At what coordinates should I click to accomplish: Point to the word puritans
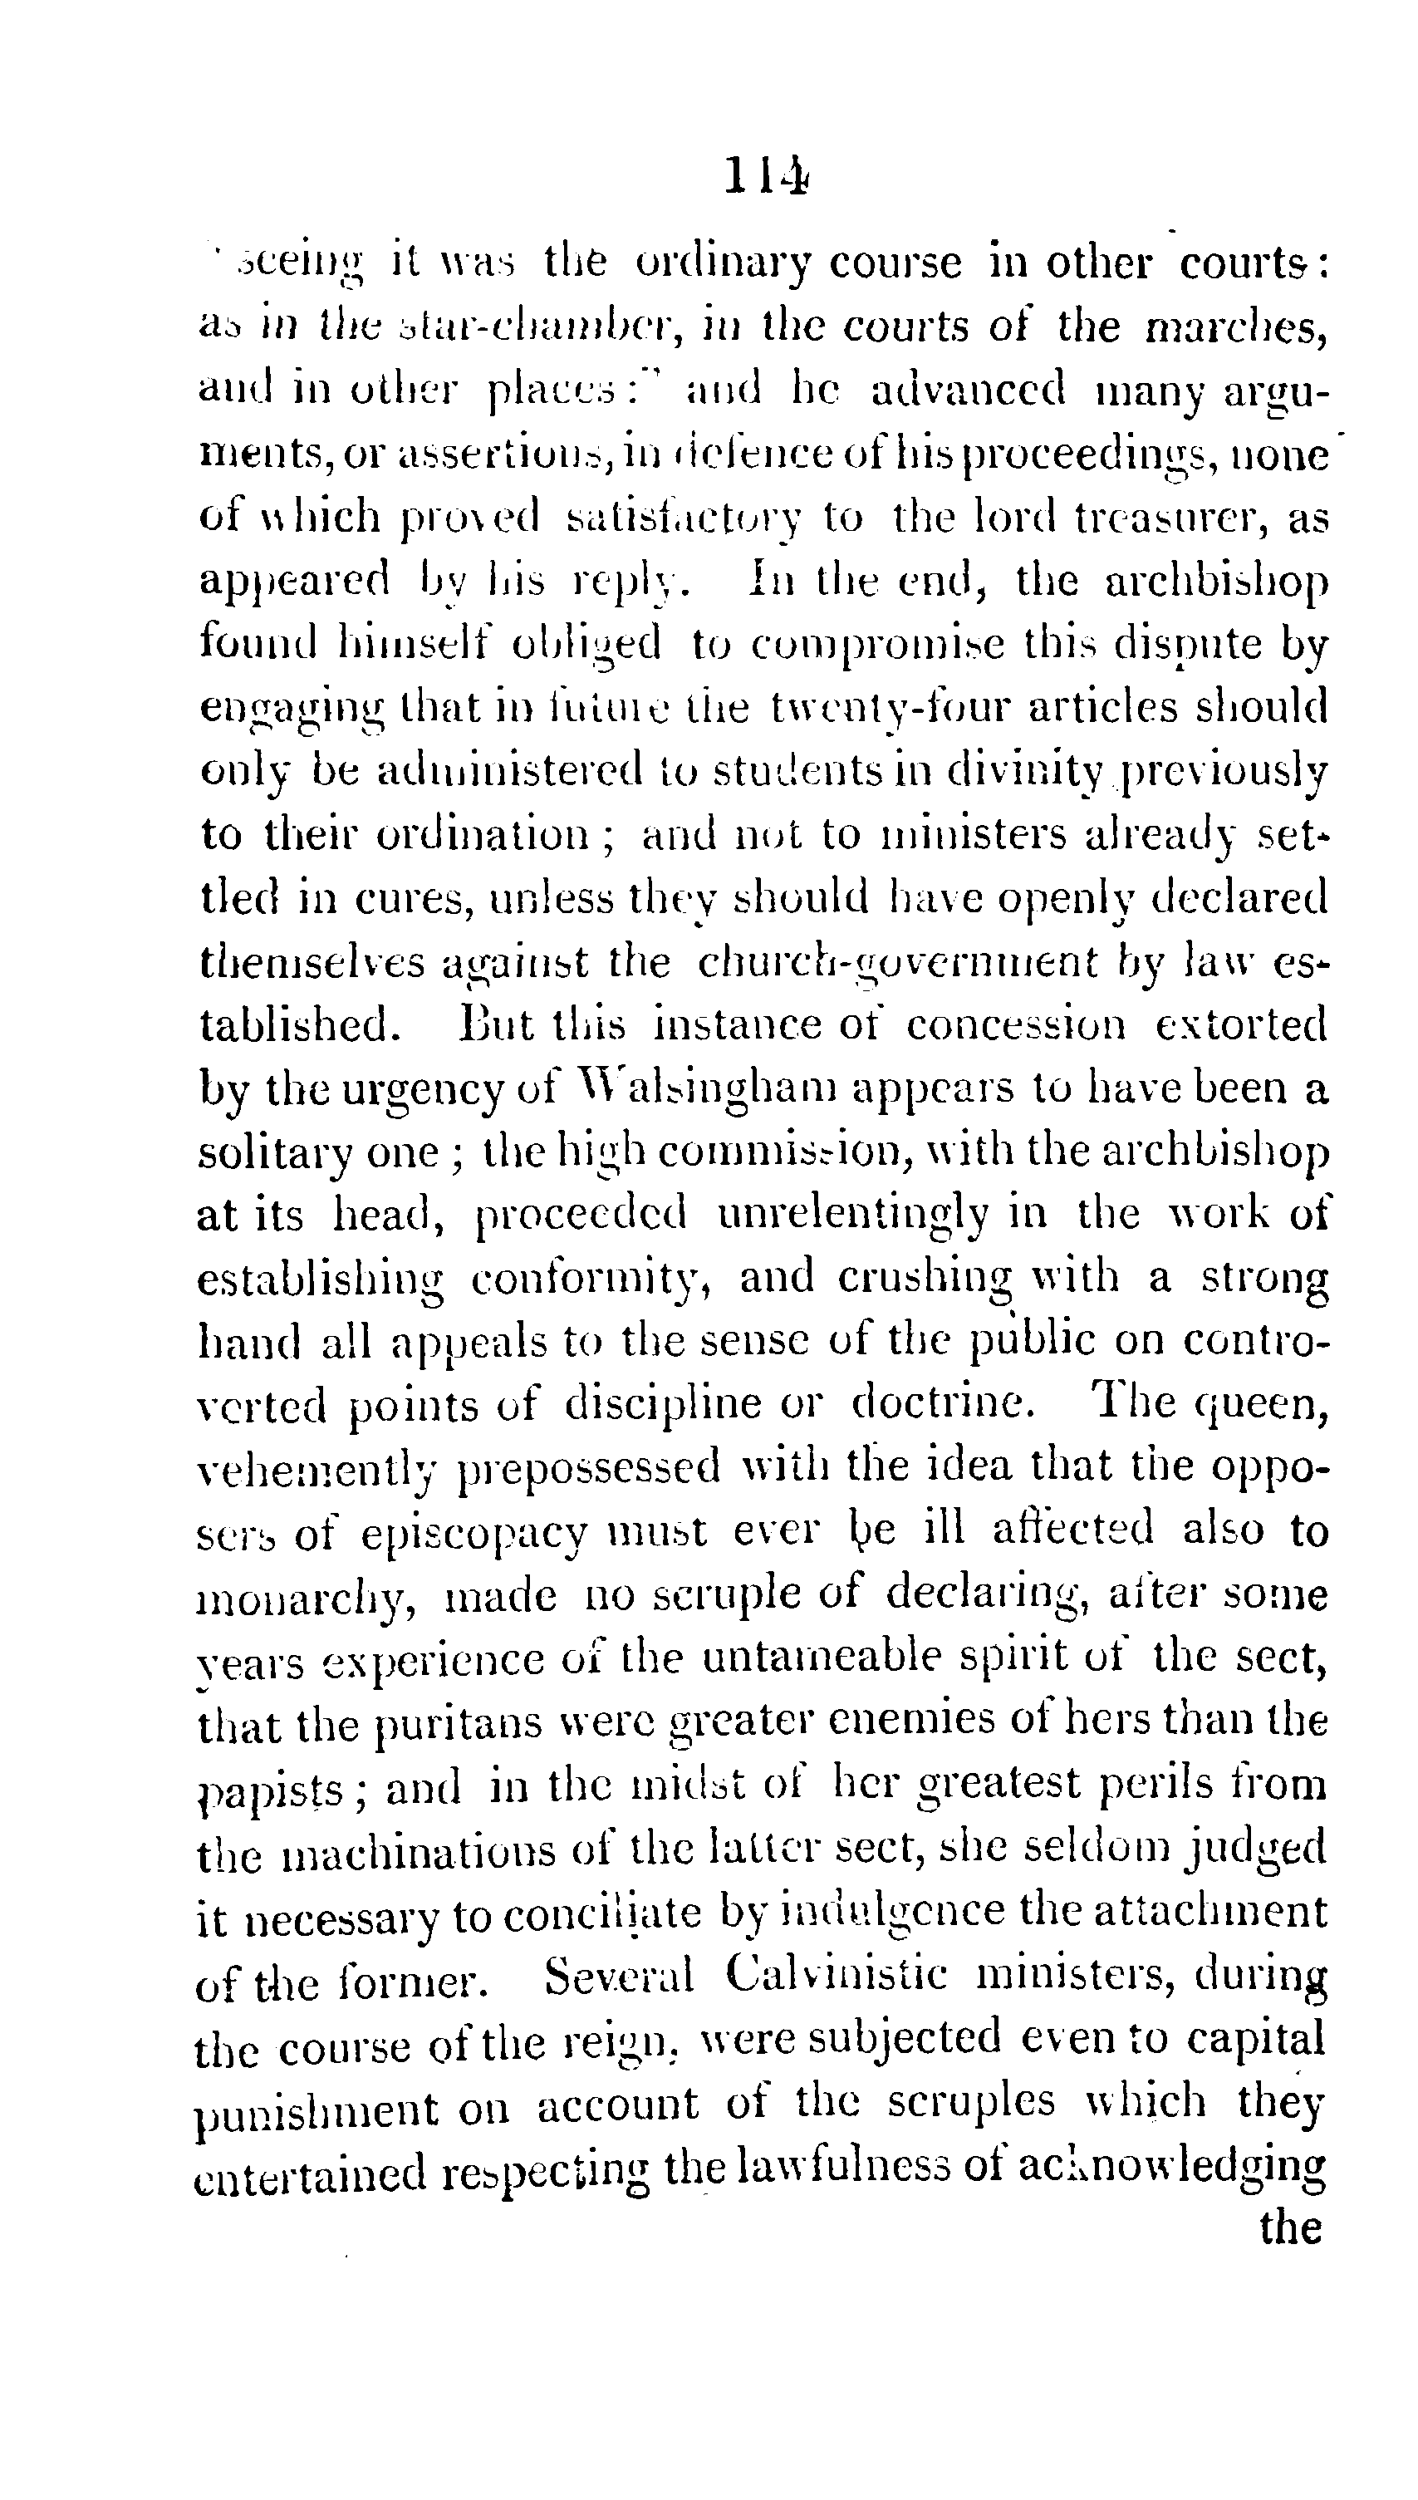pyautogui.click(x=458, y=1724)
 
